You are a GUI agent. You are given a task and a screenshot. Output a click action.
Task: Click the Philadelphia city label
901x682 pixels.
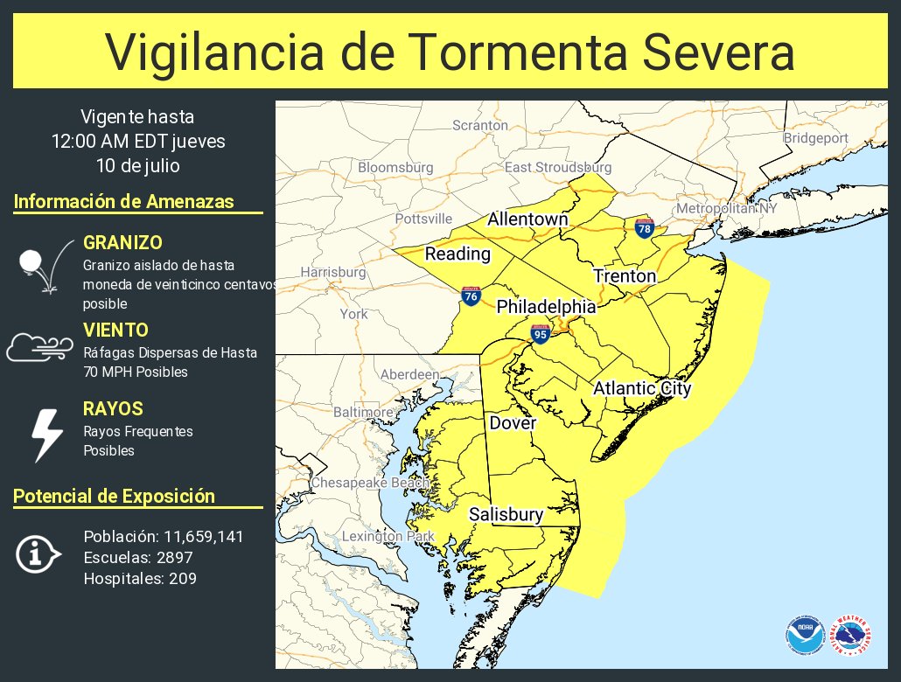click(546, 307)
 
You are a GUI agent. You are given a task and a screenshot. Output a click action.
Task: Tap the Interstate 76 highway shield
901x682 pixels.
click(471, 296)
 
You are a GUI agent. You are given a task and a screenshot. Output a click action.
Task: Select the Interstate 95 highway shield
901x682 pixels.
click(540, 333)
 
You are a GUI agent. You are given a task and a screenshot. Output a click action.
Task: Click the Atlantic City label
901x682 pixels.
click(642, 388)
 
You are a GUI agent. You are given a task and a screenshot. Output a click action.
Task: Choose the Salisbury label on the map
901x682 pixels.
click(506, 515)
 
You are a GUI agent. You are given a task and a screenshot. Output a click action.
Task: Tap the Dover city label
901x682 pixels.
click(513, 423)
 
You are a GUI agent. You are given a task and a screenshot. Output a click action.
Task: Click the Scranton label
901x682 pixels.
click(479, 125)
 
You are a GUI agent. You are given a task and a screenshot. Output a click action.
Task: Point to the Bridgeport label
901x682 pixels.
click(815, 138)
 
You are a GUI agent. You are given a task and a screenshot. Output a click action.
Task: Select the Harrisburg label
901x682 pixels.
click(332, 272)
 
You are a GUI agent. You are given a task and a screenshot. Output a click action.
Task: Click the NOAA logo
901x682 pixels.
click(804, 636)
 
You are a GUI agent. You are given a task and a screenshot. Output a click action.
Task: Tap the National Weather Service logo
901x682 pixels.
click(851, 636)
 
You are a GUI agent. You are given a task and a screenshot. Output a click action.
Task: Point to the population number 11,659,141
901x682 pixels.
click(193, 536)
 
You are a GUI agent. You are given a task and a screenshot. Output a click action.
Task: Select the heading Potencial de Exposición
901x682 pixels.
click(114, 496)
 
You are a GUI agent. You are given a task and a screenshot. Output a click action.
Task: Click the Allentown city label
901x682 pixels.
click(527, 219)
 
